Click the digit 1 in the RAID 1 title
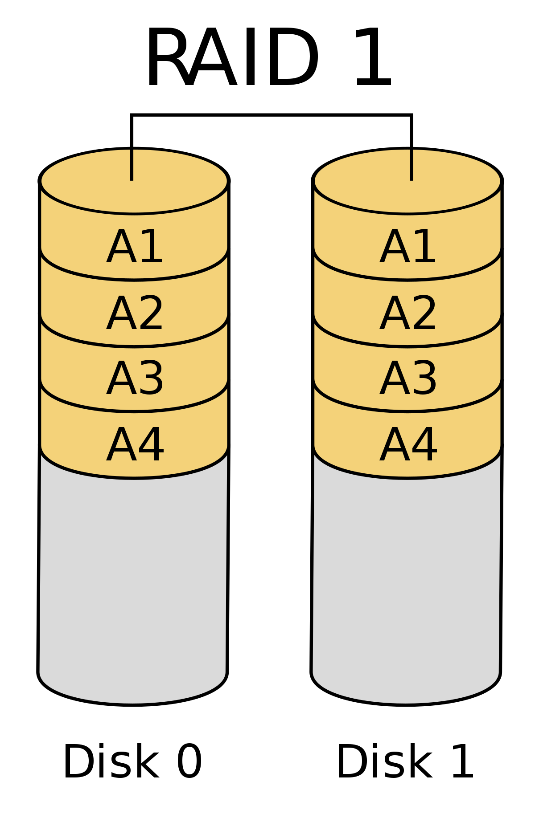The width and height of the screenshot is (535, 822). [374, 57]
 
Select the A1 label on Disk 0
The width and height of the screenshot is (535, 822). [135, 247]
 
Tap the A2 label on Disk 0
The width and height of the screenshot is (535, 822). [135, 314]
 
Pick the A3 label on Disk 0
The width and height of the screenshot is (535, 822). [135, 378]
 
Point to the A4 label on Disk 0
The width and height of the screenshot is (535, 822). [135, 445]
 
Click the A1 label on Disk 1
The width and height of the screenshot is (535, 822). [407, 247]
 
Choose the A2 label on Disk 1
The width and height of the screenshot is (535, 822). [407, 314]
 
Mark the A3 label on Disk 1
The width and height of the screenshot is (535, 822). [407, 378]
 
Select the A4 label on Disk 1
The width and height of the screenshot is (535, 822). [407, 445]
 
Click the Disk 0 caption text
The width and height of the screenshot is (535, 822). [133, 762]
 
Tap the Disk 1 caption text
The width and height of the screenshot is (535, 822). [405, 762]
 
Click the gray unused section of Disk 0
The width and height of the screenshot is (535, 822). [133, 579]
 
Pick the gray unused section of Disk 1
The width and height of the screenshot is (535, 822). [406, 579]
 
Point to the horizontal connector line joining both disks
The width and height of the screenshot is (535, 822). [271, 115]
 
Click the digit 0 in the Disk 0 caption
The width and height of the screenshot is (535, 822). [189, 762]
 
